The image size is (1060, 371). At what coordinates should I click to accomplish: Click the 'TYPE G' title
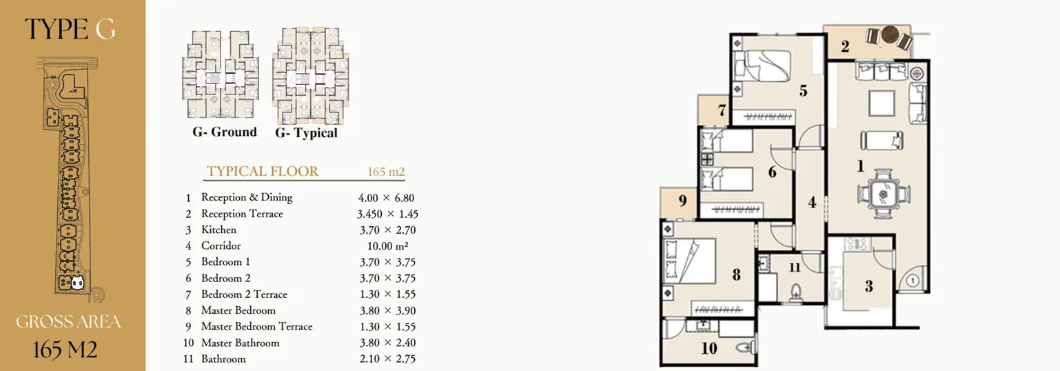pos(70,29)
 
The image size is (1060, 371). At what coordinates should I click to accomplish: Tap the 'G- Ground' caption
pos(224,132)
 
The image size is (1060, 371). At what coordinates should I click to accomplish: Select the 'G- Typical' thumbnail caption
pos(306,133)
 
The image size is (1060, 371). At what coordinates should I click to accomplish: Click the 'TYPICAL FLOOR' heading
pos(263,171)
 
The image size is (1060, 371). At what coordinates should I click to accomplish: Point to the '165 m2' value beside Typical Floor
pos(386,172)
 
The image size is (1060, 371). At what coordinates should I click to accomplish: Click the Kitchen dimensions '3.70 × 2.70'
pos(387,230)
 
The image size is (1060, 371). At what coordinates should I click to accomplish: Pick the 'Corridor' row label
pos(221,245)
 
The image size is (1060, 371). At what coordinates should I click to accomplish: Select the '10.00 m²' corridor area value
pos(387,246)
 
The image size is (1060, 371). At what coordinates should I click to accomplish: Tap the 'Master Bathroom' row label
pos(241,343)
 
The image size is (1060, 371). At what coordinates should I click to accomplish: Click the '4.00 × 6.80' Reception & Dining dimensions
pos(386,198)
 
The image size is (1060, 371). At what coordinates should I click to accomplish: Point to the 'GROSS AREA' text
pos(68,322)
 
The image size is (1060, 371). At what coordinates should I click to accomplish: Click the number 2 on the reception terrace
pos(845,46)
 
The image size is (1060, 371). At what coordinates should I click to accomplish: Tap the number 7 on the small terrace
pos(722,110)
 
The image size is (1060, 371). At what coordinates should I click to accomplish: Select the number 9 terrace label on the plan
pos(682,201)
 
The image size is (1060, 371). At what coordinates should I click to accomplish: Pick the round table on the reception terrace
pos(890,34)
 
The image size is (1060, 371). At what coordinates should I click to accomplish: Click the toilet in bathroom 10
pos(746,348)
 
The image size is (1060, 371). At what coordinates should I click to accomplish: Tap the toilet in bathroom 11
pos(796,291)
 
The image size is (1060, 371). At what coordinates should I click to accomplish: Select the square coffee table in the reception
pos(881,103)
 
